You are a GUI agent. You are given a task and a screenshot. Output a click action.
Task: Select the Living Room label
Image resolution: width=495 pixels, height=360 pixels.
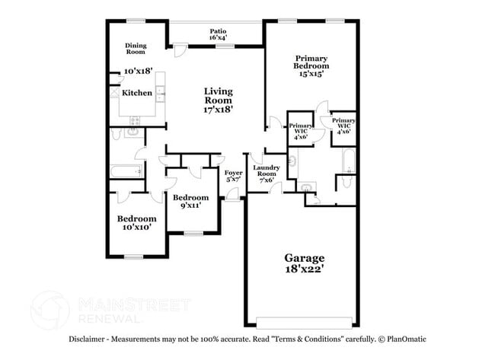(218, 96)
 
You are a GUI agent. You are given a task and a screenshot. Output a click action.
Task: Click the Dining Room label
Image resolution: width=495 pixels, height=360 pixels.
(136, 49)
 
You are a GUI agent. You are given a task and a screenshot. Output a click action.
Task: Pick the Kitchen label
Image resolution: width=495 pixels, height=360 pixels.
(137, 94)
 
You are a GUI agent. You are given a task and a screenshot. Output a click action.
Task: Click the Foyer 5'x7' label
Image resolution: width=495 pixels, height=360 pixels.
(233, 176)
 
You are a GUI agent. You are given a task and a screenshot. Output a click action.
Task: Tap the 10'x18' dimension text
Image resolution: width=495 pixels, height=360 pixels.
(138, 71)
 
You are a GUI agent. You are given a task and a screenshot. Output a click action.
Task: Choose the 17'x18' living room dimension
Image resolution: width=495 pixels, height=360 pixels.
(218, 110)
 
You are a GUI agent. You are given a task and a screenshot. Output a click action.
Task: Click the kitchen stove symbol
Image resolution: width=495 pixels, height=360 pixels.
(136, 120)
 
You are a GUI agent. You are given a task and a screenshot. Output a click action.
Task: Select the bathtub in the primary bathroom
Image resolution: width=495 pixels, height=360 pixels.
(348, 161)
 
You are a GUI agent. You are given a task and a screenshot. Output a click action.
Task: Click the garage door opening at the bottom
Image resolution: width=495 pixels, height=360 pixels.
(304, 319)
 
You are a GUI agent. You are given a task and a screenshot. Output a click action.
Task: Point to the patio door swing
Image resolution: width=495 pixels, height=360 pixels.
(180, 49)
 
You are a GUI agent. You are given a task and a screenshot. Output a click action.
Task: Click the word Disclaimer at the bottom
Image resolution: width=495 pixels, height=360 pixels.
(90, 339)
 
